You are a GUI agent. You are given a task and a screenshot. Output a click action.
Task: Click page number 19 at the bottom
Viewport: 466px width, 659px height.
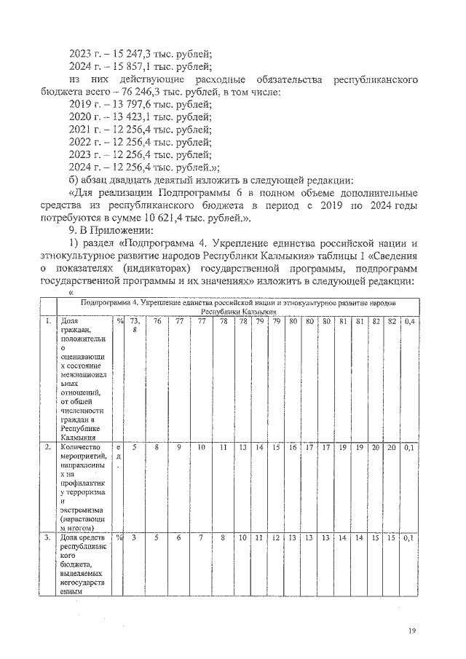click(412, 630)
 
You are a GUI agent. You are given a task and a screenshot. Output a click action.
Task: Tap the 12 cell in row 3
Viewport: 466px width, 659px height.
click(276, 538)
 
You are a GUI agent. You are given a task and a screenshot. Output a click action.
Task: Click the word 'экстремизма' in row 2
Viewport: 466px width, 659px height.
click(83, 511)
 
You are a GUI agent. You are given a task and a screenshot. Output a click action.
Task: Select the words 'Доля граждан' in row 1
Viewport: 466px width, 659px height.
click(74, 325)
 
